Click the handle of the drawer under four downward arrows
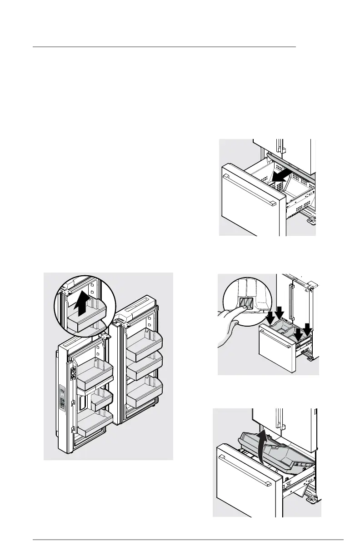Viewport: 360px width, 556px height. coord(270,346)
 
